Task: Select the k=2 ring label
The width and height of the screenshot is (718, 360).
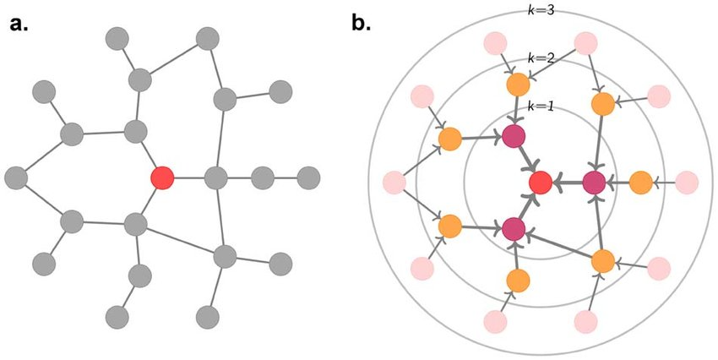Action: coord(540,58)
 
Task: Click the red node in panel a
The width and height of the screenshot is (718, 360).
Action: coord(161,178)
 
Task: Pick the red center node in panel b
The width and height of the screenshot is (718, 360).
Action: coord(540,182)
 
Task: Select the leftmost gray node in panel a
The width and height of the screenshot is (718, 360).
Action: coord(16,178)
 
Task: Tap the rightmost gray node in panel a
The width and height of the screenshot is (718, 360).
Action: coord(309,178)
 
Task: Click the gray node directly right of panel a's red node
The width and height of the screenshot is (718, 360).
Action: coord(217,178)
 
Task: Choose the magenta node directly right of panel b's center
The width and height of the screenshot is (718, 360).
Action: coord(594,182)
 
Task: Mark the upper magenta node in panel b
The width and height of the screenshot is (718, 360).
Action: coord(513,135)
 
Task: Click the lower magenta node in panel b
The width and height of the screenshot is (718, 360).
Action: coord(513,228)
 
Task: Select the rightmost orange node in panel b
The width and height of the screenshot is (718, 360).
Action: coord(640,182)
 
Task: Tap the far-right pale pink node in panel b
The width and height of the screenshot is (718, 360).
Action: coord(687,182)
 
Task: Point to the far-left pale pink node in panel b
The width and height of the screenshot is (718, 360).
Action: coord(394,182)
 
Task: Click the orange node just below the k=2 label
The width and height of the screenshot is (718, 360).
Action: coord(518,85)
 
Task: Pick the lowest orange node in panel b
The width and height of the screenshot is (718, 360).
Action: coord(518,280)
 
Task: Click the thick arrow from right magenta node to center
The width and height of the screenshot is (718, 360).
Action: coord(568,182)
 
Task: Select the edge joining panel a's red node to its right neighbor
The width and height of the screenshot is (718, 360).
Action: coord(189,178)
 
